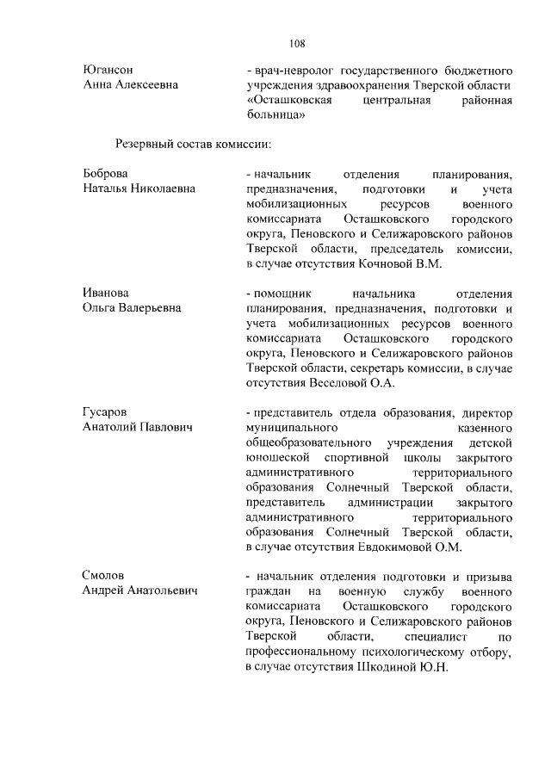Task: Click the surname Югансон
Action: pyautogui.click(x=109, y=69)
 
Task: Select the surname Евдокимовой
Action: pyautogui.click(x=397, y=547)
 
